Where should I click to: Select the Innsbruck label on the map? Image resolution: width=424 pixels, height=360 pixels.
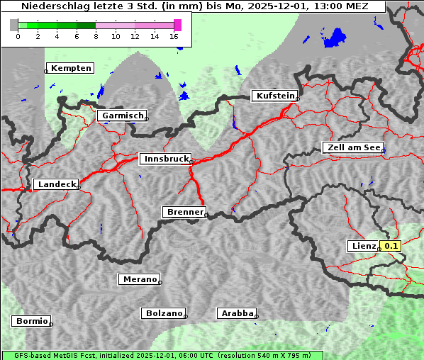tap(164, 159)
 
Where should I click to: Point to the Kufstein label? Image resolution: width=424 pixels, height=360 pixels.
tap(274, 96)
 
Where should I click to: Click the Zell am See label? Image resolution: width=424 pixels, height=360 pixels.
tap(352, 147)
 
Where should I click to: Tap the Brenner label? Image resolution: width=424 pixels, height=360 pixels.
tap(184, 212)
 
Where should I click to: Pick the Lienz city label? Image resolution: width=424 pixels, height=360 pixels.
tap(363, 246)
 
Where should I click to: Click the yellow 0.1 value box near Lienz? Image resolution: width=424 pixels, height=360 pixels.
tap(391, 246)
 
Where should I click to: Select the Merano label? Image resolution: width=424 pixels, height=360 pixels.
tap(139, 279)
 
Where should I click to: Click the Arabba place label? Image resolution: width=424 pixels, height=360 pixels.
tap(236, 313)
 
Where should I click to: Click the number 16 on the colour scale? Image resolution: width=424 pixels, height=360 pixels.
tap(174, 36)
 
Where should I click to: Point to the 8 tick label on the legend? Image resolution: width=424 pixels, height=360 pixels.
tap(96, 36)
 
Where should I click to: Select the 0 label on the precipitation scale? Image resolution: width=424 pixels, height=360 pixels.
tap(18, 36)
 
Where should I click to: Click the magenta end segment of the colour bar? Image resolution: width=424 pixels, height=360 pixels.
tap(177, 25)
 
